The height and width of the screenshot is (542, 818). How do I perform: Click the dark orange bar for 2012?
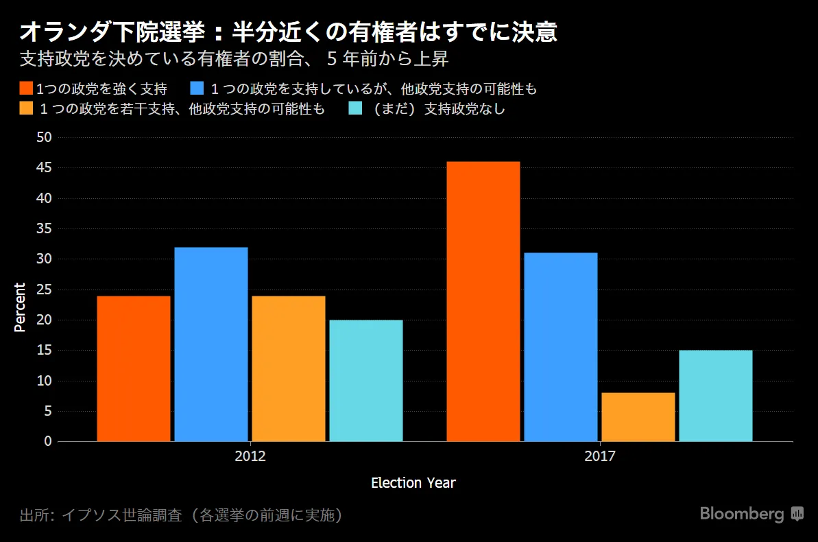point(134,368)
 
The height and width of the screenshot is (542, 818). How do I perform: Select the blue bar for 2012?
point(211,344)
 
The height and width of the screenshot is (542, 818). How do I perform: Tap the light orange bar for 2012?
point(289,368)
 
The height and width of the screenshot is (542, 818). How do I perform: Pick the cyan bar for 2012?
point(366,381)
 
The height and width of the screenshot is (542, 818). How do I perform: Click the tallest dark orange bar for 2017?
point(483,302)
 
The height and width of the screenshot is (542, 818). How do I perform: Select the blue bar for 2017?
point(561,347)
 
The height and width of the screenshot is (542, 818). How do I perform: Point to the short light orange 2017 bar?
point(638,417)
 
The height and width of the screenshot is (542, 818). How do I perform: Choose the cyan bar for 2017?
point(716,396)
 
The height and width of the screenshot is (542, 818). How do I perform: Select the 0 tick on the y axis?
point(48,441)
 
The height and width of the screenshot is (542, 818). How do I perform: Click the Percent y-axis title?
point(20,307)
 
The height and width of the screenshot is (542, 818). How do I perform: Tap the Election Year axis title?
point(413,483)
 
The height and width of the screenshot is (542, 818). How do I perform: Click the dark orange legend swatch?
point(27,89)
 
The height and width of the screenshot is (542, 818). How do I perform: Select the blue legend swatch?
point(198,89)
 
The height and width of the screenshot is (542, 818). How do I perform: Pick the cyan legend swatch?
point(354,108)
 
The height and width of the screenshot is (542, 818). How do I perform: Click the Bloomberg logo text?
point(742,514)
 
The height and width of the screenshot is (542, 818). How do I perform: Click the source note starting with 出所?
point(182,515)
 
